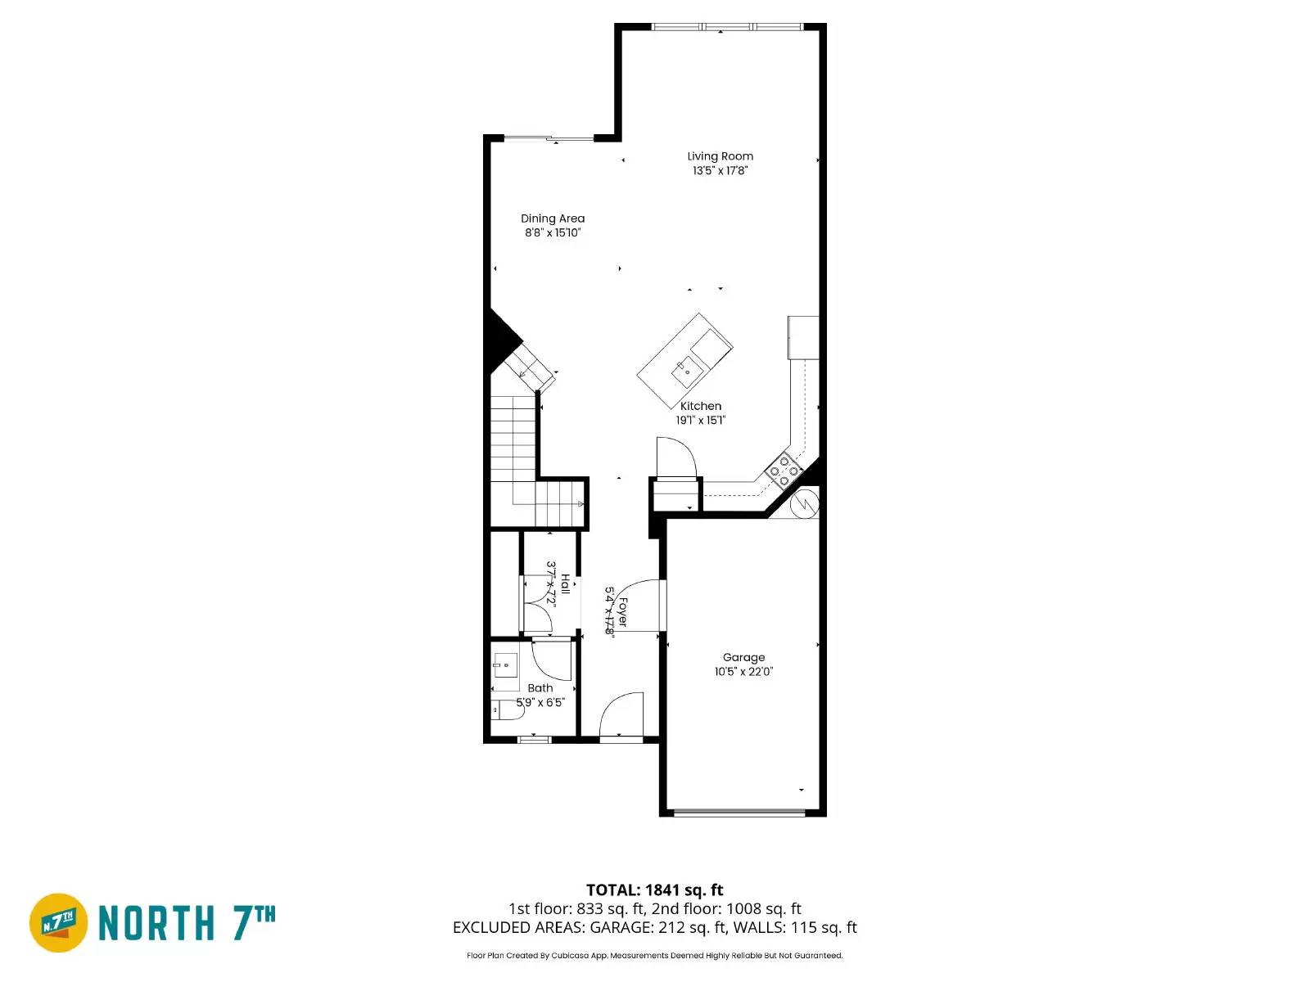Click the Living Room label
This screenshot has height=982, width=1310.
720,156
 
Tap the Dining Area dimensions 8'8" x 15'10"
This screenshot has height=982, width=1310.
553,232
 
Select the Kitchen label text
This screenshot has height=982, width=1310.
701,406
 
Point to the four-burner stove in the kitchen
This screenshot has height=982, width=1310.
784,471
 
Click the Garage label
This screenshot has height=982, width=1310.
743,657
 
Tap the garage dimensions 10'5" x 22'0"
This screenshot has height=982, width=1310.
743,672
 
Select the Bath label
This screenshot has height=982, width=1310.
540,688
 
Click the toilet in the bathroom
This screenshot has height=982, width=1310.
508,709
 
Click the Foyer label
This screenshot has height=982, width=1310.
622,611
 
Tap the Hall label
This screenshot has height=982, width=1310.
565,584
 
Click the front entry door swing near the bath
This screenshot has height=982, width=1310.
621,717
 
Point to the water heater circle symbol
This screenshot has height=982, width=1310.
804,503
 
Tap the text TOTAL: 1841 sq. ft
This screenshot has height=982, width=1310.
654,890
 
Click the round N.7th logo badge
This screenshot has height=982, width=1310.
59,923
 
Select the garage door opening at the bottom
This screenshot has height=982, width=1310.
739,813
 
